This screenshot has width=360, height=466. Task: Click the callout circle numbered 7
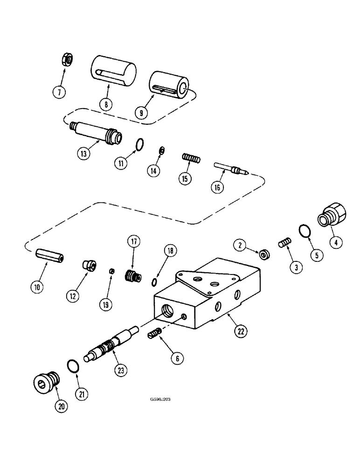(x=59, y=91)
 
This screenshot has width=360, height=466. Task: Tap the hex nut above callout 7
(x=66, y=60)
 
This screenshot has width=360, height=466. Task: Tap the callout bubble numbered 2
(x=239, y=243)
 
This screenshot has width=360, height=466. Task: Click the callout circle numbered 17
(x=133, y=241)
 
